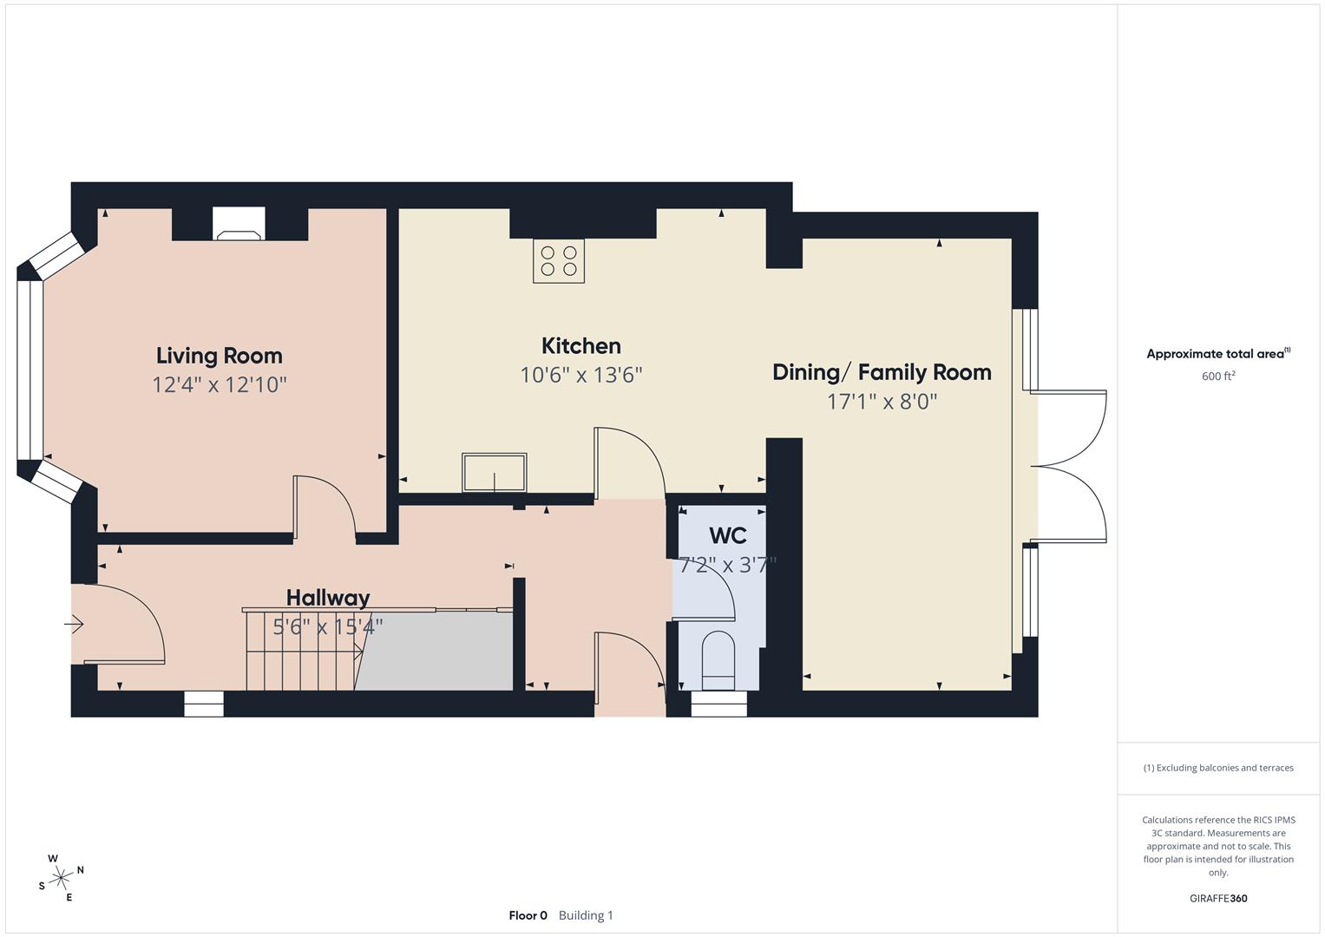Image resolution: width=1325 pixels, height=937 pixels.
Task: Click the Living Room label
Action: point(219,356)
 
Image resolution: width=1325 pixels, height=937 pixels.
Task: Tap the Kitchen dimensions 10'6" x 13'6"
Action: point(581,375)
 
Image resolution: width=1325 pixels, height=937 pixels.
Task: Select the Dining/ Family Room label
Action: point(882,372)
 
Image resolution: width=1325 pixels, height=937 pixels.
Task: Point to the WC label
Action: point(727,535)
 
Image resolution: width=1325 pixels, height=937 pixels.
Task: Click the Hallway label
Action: point(328,598)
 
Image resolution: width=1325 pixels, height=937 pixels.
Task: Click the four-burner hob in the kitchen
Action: point(559,261)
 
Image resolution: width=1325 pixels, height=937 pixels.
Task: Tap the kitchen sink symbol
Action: point(494,473)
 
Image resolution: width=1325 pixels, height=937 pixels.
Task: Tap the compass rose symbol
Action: point(61,878)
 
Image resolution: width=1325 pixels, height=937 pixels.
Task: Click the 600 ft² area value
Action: point(1217,377)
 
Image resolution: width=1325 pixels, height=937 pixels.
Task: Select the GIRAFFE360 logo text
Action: point(1217,899)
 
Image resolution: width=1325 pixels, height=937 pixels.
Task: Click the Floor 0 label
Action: point(528,915)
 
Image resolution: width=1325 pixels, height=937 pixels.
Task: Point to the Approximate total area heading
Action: point(1217,354)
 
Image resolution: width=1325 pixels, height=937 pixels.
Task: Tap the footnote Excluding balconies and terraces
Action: point(1217,768)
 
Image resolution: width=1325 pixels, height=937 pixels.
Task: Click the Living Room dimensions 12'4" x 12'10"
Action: point(220,384)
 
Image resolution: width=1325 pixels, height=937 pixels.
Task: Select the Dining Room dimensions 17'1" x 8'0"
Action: point(882,402)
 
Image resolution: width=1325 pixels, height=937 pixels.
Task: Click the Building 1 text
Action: point(586,915)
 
